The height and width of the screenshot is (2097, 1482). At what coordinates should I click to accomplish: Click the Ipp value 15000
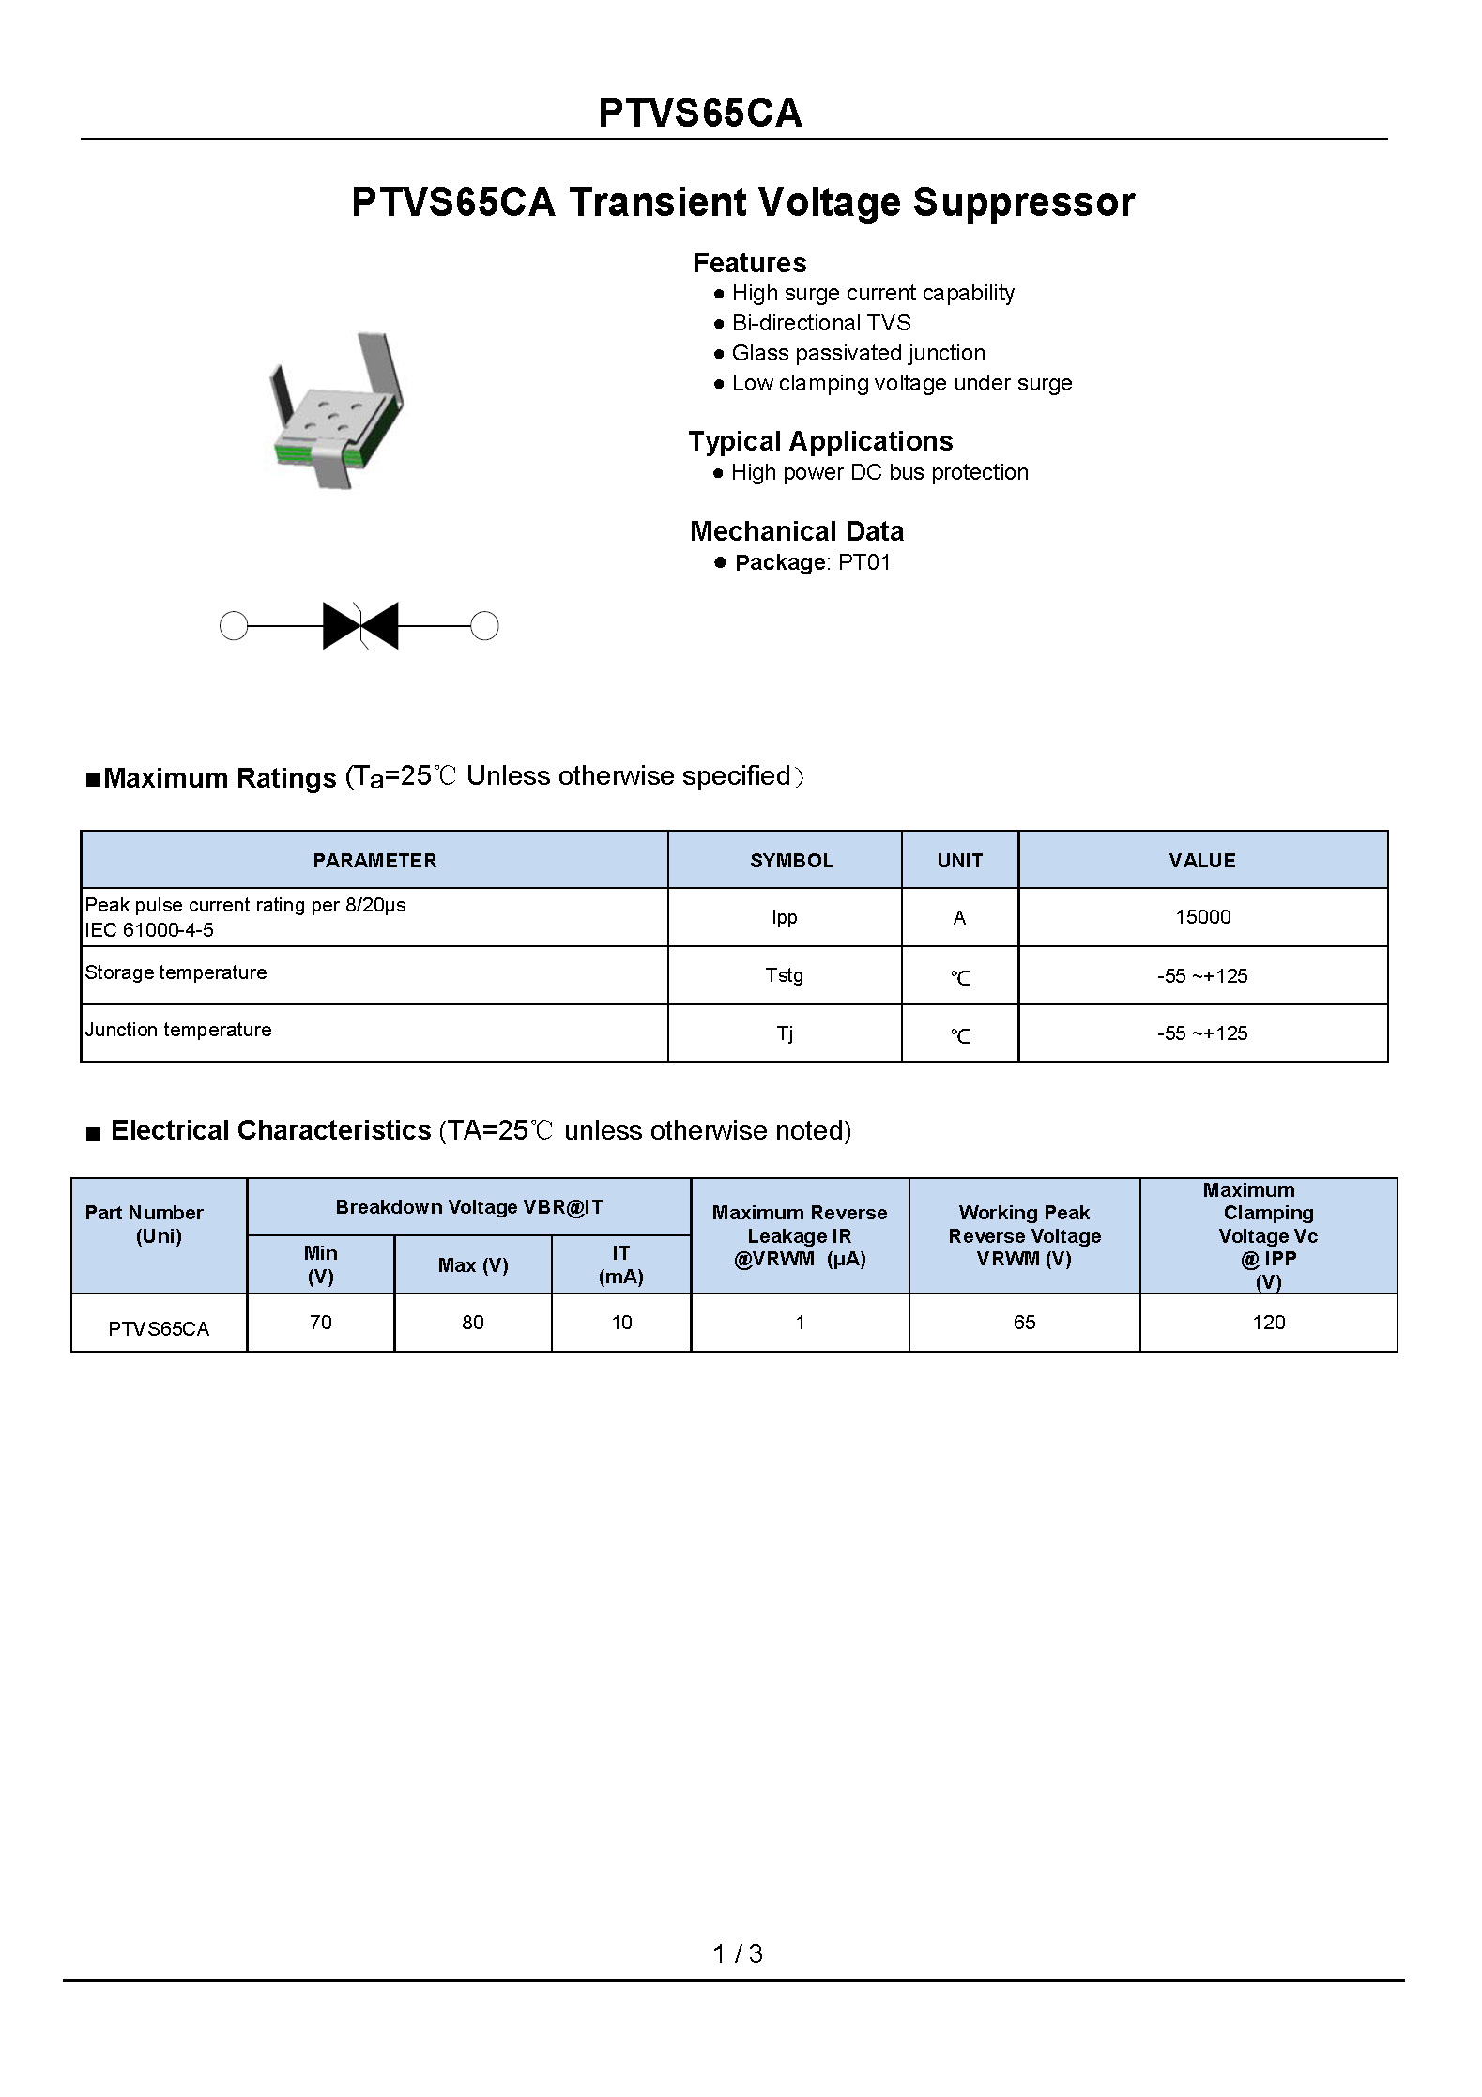coord(1202,917)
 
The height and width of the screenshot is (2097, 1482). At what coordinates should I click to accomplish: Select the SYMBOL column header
coord(791,861)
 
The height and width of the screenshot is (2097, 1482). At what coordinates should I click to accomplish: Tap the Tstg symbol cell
coord(784,975)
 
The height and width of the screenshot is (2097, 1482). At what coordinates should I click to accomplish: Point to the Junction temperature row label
coord(178,1030)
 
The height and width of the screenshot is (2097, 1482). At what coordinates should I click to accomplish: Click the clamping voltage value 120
coord(1268,1323)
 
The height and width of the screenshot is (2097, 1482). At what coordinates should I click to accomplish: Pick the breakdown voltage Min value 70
coord(320,1323)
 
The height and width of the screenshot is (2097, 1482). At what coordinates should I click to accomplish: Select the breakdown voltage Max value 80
coord(472,1323)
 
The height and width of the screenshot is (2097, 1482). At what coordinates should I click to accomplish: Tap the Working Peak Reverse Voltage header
coord(1024,1235)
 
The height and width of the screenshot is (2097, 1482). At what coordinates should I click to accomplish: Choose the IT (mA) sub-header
coord(620,1264)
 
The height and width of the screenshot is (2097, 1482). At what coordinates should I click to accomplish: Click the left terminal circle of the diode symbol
coord(234,626)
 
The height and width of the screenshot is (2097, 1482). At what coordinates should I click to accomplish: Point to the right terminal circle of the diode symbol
coord(484,626)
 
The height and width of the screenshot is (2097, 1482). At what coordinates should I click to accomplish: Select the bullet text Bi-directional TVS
coord(821,323)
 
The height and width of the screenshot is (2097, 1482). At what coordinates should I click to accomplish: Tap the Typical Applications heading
coord(820,441)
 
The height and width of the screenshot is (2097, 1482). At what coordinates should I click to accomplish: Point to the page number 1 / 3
coord(738,1954)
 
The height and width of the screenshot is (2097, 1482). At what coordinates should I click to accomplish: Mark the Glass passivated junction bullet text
coord(858,353)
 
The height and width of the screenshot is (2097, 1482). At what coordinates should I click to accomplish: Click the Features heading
coord(749,263)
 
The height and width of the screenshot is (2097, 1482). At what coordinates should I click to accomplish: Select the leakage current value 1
coord(800,1323)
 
